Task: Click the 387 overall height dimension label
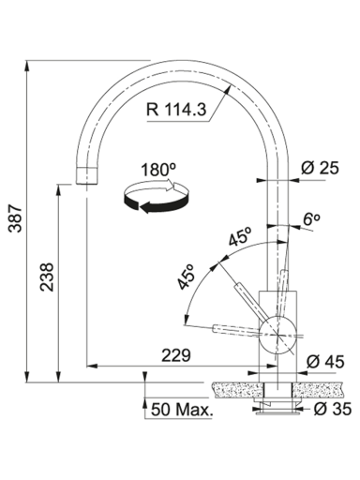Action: click(15, 218)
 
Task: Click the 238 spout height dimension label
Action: click(48, 277)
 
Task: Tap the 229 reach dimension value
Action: click(176, 355)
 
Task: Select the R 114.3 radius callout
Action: click(176, 110)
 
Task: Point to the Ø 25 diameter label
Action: click(320, 168)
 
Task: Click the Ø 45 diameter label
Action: click(325, 362)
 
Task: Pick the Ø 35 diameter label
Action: click(332, 409)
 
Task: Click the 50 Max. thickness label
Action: click(182, 410)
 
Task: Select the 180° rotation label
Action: click(158, 171)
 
